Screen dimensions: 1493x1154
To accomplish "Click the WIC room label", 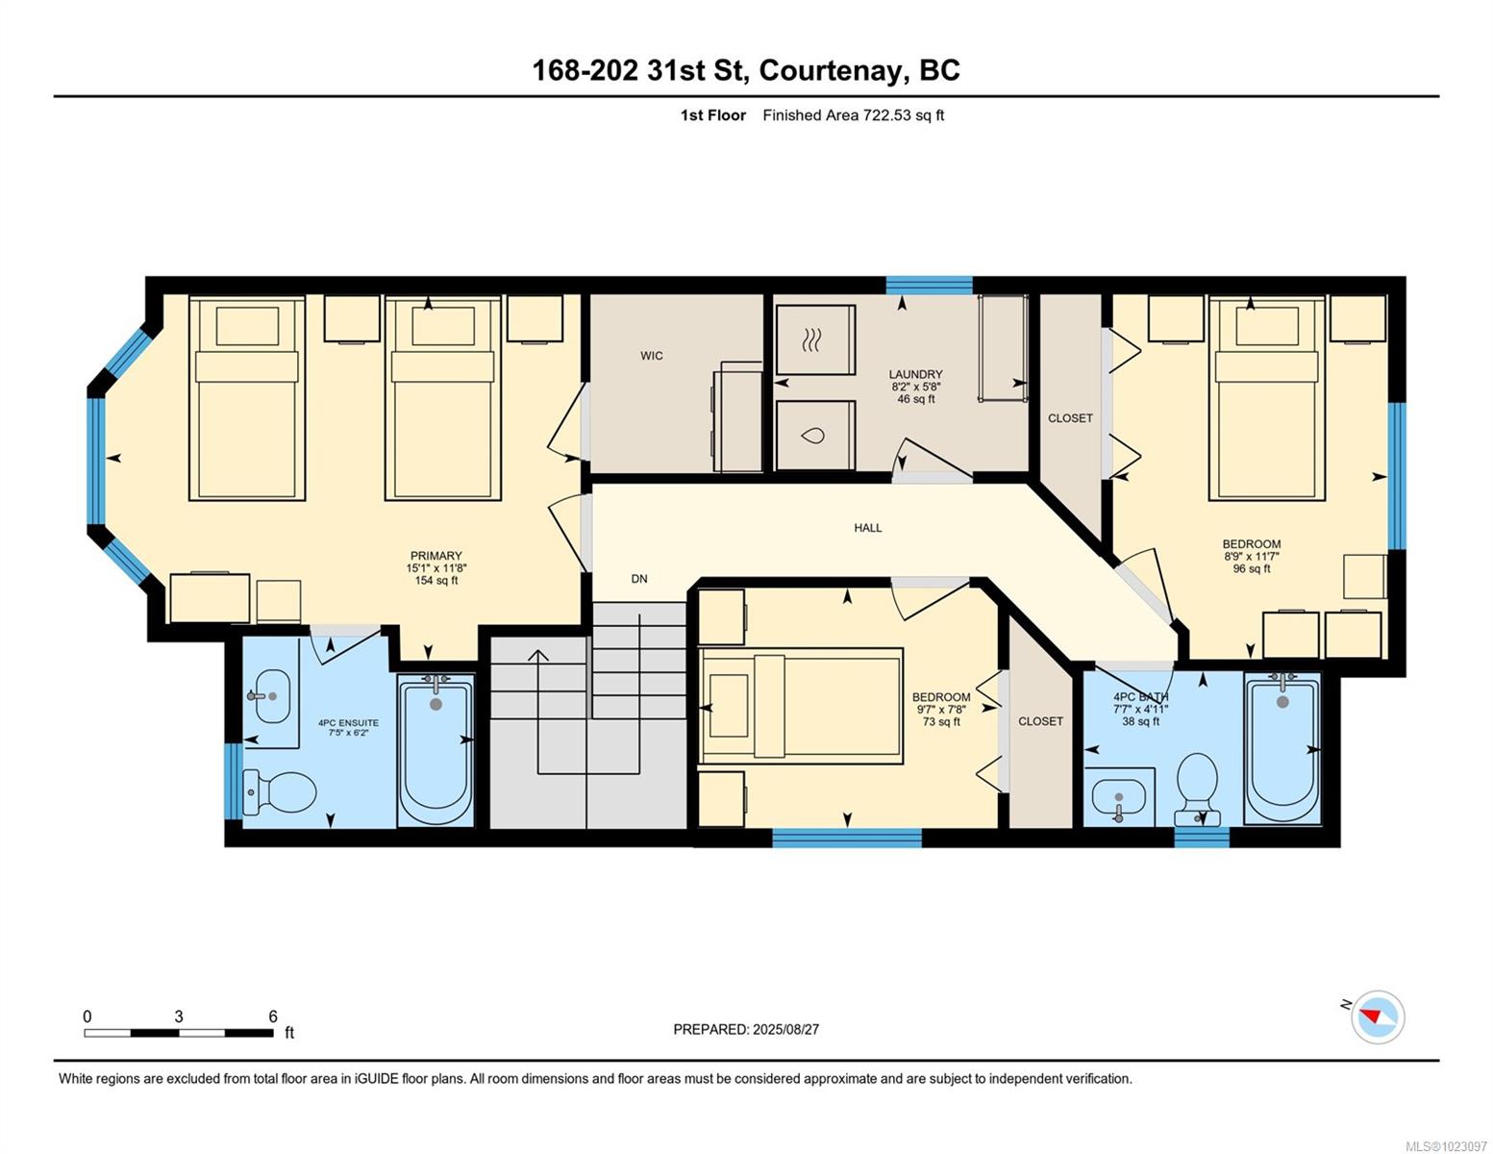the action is click(x=652, y=356).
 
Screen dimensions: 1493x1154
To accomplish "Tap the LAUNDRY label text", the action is click(x=915, y=374).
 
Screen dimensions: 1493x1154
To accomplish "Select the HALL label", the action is click(x=868, y=528).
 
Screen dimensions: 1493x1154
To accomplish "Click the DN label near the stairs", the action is click(x=639, y=579).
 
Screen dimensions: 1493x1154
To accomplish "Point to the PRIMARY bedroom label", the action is click(x=435, y=555).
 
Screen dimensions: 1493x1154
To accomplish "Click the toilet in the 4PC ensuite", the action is click(x=279, y=791).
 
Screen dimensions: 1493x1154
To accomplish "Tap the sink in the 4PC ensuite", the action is click(x=272, y=696).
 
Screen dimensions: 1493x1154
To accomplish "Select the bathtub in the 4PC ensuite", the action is click(x=435, y=750).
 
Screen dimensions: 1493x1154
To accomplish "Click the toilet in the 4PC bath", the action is click(x=1197, y=789).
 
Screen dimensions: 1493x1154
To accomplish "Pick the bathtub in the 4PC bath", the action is click(x=1282, y=748).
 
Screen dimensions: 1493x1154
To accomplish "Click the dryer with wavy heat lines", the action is click(x=815, y=339).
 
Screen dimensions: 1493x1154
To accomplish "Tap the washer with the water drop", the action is click(x=815, y=436).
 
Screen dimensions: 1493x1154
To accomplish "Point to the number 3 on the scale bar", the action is click(x=179, y=1016).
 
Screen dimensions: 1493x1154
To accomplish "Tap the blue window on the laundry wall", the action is click(x=929, y=285).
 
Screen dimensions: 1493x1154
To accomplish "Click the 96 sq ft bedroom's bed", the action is click(x=1267, y=398).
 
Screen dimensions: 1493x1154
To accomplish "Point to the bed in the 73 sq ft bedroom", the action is click(x=801, y=705).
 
